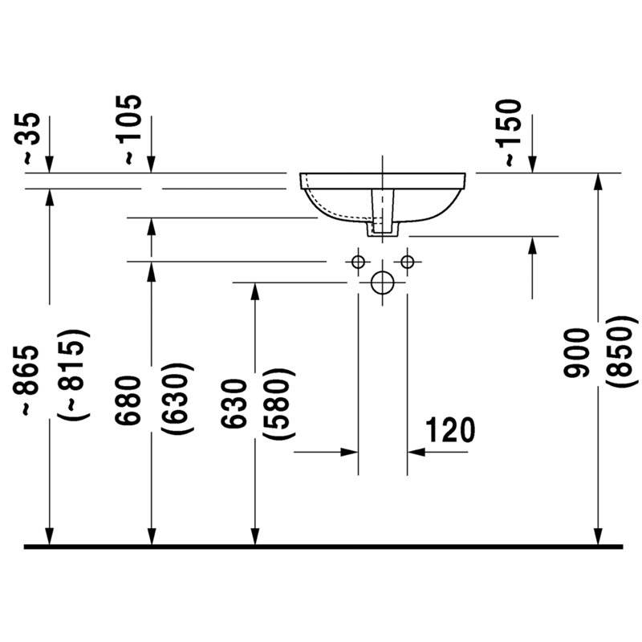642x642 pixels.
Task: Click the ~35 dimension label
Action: pos(28,138)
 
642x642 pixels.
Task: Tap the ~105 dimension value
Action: pos(128,129)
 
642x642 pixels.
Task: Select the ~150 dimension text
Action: pos(509,132)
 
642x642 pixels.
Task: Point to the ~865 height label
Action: pos(26,381)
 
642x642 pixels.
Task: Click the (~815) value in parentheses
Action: pos(73,374)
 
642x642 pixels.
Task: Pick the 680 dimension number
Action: pos(128,400)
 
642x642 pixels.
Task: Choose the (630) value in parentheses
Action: pos(177,398)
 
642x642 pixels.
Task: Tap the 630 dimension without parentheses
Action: pos(234,404)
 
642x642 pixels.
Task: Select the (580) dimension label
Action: pos(278,404)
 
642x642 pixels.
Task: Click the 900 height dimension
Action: pos(576,352)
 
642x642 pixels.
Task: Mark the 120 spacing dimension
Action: pos(450,430)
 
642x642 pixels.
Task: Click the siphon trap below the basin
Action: pos(383,213)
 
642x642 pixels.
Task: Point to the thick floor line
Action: pos(323,547)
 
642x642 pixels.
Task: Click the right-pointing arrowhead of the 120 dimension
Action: pos(349,452)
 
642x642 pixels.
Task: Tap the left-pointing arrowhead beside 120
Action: pos(416,452)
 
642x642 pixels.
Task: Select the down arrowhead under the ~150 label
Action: pos(532,165)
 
